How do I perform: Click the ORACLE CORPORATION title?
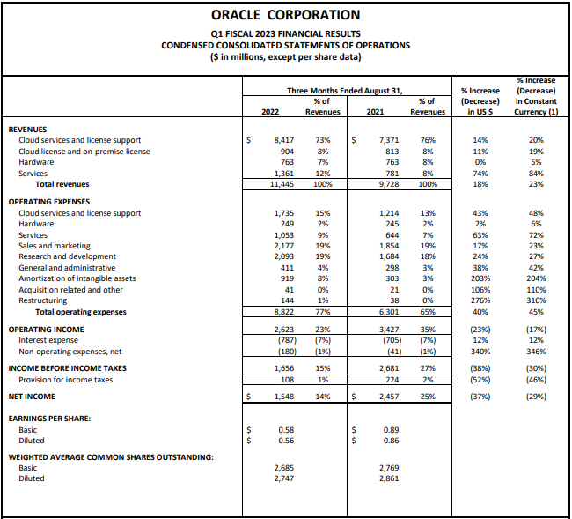(286, 15)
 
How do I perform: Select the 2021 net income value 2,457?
(388, 396)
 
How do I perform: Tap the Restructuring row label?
(42, 300)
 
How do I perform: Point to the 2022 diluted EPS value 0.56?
(285, 440)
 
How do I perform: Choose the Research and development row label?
(67, 256)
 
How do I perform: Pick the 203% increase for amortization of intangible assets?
(480, 278)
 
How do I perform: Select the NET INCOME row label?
(33, 396)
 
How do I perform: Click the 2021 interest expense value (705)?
(388, 339)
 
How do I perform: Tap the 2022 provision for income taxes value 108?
(285, 379)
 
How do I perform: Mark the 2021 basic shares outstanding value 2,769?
(388, 467)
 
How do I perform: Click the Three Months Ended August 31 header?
(344, 91)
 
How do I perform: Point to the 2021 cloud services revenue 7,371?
(388, 140)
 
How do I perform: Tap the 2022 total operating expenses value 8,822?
(282, 311)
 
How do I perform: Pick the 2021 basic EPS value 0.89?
(391, 429)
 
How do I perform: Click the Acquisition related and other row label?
(70, 289)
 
